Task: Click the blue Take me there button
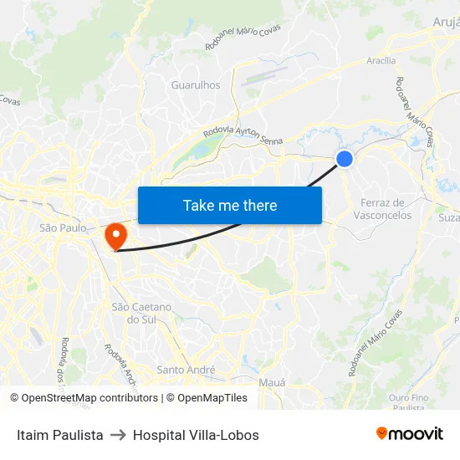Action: click(x=229, y=205)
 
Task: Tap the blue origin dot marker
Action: click(x=344, y=159)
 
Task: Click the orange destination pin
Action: click(x=115, y=234)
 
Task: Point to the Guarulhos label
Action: click(x=195, y=85)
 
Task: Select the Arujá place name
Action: click(x=446, y=22)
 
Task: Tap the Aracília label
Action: click(x=381, y=61)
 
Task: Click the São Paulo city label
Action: click(x=63, y=227)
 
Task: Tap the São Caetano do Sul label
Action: click(x=141, y=313)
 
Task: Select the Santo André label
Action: click(x=186, y=370)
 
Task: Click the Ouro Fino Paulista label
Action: click(x=408, y=402)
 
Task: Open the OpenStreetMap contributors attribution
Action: click(x=84, y=398)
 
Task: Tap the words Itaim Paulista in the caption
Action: click(x=60, y=435)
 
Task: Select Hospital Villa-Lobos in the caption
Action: click(x=196, y=435)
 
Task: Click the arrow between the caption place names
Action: click(x=118, y=435)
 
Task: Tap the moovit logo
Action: click(x=409, y=433)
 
